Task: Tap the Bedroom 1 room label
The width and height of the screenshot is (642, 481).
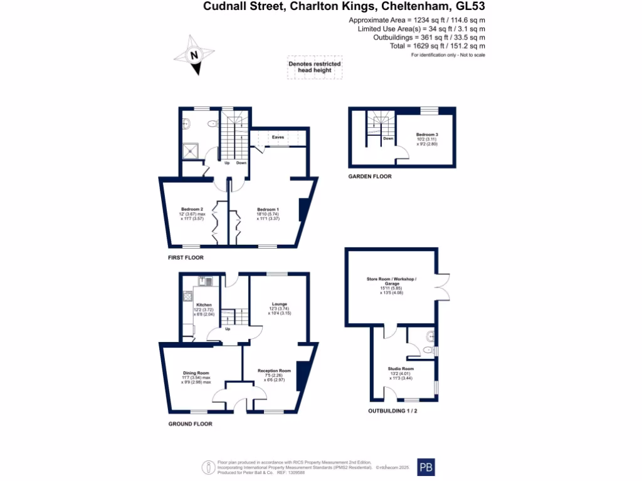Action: (x=268, y=209)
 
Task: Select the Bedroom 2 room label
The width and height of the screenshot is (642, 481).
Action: (x=192, y=209)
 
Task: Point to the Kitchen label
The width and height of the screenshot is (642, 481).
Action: (x=204, y=305)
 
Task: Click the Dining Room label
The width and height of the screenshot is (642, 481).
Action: (x=196, y=373)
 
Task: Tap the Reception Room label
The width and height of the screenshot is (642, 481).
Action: (x=274, y=371)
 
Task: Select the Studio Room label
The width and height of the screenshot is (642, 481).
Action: (x=401, y=369)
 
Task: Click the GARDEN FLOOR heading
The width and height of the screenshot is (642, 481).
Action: (x=370, y=177)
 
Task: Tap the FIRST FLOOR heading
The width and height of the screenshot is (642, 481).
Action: (x=186, y=257)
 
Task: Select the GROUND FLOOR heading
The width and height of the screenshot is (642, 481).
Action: (x=190, y=424)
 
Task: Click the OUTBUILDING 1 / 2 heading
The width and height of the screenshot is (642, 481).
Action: (x=392, y=411)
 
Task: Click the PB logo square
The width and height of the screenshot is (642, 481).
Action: (x=426, y=467)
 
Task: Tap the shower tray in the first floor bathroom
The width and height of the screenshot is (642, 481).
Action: (x=190, y=150)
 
